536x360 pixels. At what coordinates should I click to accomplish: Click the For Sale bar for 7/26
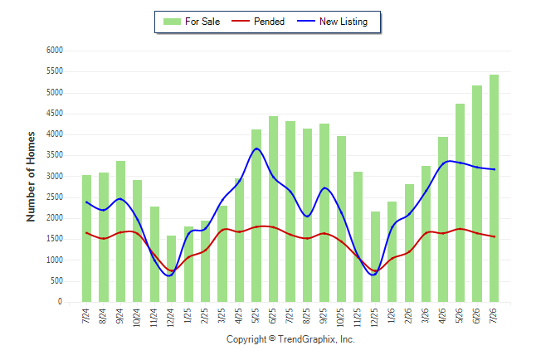point(494,188)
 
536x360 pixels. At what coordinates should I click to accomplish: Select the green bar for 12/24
point(171,269)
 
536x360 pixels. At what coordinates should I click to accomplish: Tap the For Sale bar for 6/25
point(273,209)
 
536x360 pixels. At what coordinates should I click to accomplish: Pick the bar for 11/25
point(358,237)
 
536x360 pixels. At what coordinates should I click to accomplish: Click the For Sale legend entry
point(192,22)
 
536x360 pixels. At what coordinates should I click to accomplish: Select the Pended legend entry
point(258,22)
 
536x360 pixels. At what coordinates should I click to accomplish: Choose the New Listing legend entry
point(332,22)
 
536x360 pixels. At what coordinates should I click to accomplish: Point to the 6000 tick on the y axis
point(55,51)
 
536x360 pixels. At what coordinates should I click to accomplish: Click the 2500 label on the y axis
point(55,197)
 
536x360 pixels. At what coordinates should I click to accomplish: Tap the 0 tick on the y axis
point(61,302)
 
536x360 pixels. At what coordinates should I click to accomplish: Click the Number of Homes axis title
point(31,177)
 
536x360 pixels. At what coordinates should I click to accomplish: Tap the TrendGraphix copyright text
point(290,339)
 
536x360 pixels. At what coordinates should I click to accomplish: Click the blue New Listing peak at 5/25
point(256,148)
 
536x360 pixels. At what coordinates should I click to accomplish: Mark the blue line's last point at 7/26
point(494,169)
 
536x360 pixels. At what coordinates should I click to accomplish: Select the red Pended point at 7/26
point(494,236)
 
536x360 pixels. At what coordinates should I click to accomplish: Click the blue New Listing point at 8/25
point(307,216)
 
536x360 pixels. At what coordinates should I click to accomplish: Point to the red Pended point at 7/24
point(86,233)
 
